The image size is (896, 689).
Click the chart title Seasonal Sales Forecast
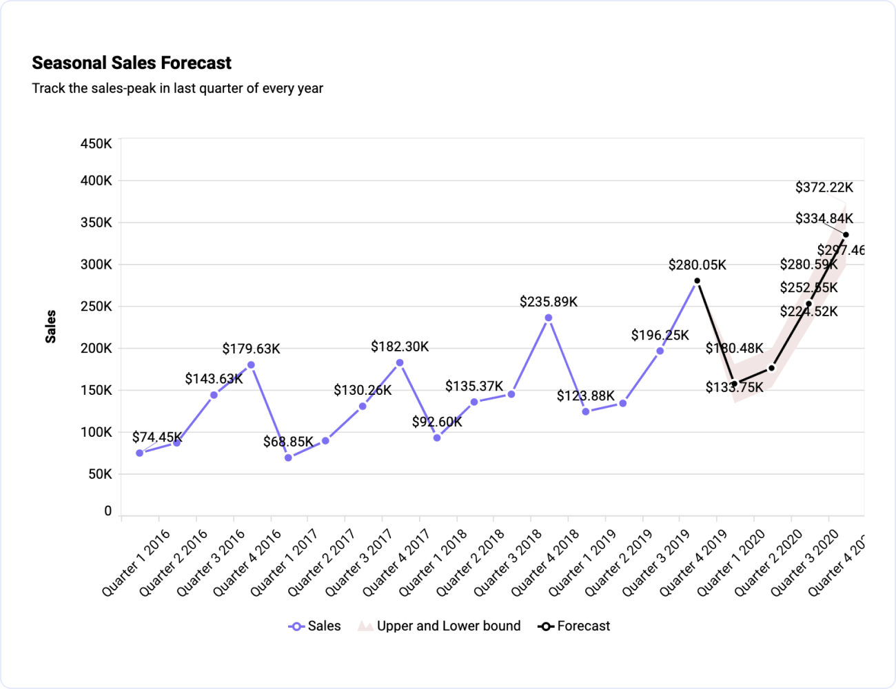tap(132, 63)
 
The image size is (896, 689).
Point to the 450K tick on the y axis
tap(96, 144)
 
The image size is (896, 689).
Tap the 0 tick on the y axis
tap(108, 511)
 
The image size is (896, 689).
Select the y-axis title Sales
tap(51, 327)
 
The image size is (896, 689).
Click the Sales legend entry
tap(315, 626)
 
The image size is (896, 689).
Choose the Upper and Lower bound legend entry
tap(439, 626)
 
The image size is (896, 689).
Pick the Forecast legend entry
tap(574, 626)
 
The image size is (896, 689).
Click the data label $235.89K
tap(549, 302)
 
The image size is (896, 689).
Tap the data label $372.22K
tap(824, 187)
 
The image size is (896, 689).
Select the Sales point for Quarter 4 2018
tap(549, 318)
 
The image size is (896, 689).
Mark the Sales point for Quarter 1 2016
tap(140, 453)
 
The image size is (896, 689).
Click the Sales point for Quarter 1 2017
tap(288, 457)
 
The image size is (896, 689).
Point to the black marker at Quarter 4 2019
tap(697, 280)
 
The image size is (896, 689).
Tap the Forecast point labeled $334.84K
tap(846, 235)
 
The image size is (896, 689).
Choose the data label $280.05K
tap(697, 265)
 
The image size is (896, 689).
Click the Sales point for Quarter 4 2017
tap(400, 362)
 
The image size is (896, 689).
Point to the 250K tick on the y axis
tap(96, 307)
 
